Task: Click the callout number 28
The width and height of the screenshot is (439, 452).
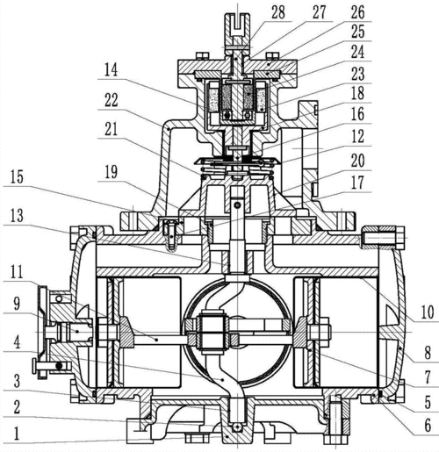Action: click(x=278, y=12)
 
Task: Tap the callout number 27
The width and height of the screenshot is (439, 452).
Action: click(x=319, y=12)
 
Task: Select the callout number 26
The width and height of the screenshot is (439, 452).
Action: click(x=357, y=12)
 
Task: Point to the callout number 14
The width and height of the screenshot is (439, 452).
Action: click(x=112, y=70)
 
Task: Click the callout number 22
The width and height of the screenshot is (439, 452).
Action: click(x=112, y=100)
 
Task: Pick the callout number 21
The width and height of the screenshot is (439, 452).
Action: click(x=112, y=129)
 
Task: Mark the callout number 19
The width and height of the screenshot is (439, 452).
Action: click(x=112, y=172)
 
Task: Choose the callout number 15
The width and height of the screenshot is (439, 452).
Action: click(x=17, y=177)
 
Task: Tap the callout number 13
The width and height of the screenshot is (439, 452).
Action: click(x=17, y=216)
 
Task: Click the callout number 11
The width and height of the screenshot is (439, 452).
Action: click(x=17, y=272)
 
